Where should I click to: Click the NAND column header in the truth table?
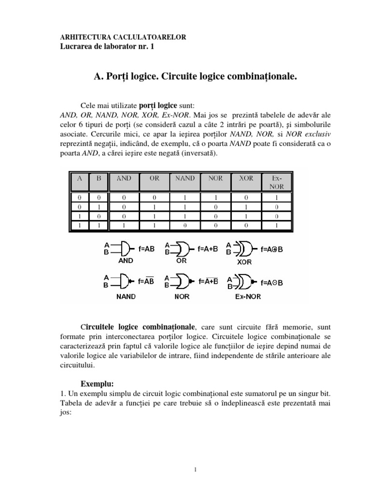185,178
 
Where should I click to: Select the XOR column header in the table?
246,178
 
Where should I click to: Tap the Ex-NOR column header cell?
277,182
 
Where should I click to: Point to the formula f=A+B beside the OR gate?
208,249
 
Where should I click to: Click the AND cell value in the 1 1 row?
124,225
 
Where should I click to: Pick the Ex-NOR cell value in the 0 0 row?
277,197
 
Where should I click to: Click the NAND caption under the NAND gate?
126,296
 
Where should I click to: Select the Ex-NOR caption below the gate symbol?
247,296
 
